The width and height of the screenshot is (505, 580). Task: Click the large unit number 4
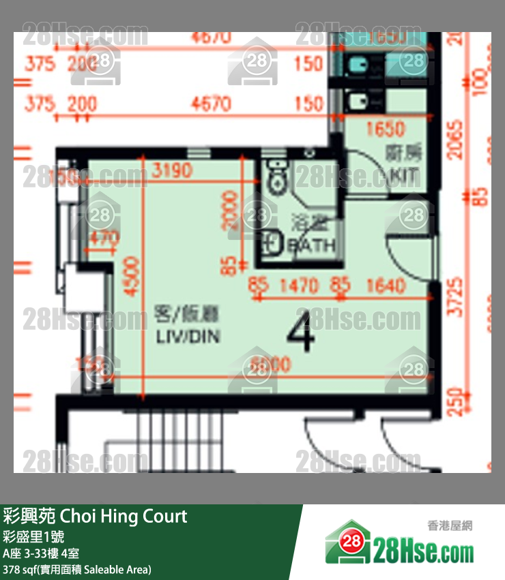[300, 333]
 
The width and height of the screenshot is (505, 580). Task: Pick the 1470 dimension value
[300, 286]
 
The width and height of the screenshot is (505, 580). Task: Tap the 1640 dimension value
[385, 286]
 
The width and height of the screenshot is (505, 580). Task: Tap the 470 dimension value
[104, 238]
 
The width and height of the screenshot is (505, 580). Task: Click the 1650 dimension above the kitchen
[386, 128]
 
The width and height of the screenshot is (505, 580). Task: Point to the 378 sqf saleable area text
[77, 569]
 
